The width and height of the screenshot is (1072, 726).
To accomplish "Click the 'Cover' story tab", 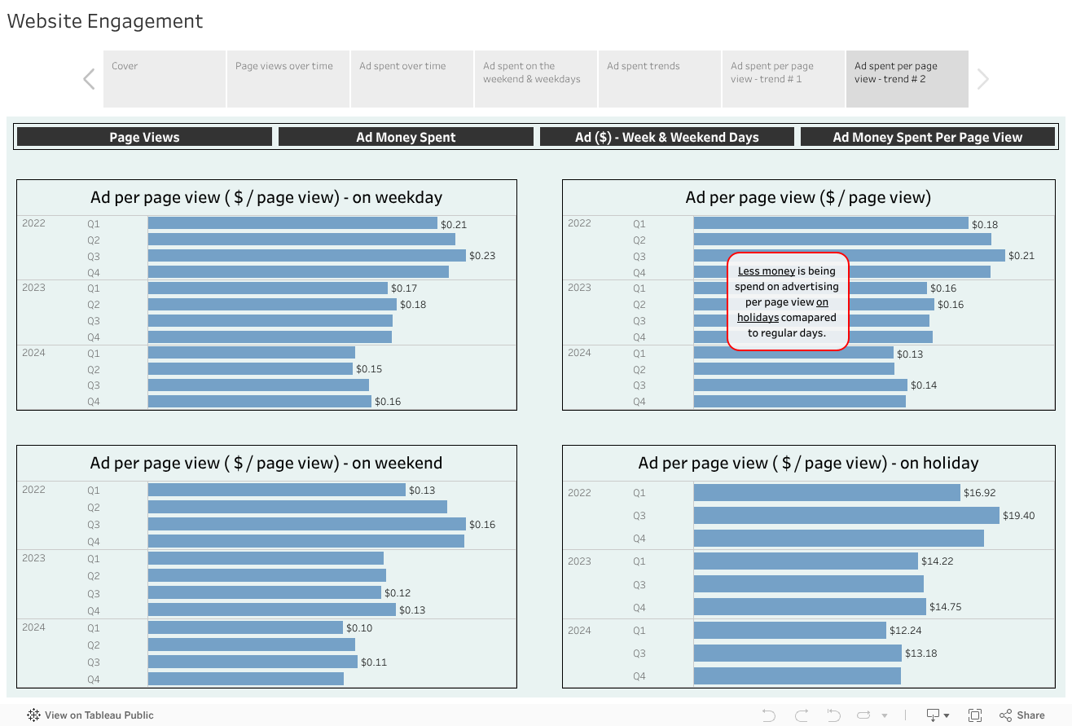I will [164, 78].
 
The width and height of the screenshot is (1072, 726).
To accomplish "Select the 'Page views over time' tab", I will [288, 78].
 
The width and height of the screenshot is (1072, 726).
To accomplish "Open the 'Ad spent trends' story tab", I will [659, 78].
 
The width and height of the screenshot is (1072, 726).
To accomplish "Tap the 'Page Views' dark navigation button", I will [144, 137].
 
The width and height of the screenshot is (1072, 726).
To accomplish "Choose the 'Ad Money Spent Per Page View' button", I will [927, 137].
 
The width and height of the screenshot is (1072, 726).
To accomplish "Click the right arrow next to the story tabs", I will [983, 79].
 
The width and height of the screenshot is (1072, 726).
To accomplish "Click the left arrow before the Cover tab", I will [89, 79].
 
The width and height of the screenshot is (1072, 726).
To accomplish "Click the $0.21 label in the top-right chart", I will [1021, 256].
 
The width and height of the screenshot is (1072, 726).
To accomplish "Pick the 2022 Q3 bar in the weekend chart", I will [306, 524].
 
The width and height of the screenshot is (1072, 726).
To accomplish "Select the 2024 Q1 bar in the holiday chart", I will [789, 631].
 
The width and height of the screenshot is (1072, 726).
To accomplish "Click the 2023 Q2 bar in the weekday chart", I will [272, 305].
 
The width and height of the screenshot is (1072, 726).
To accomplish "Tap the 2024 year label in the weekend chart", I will [33, 627].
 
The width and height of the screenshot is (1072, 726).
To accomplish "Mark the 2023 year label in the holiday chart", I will [579, 561].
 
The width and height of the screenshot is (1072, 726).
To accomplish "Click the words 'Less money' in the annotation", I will [767, 271].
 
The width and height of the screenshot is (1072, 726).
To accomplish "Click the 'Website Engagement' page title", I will [105, 21].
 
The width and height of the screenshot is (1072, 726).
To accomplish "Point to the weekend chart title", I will [266, 463].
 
